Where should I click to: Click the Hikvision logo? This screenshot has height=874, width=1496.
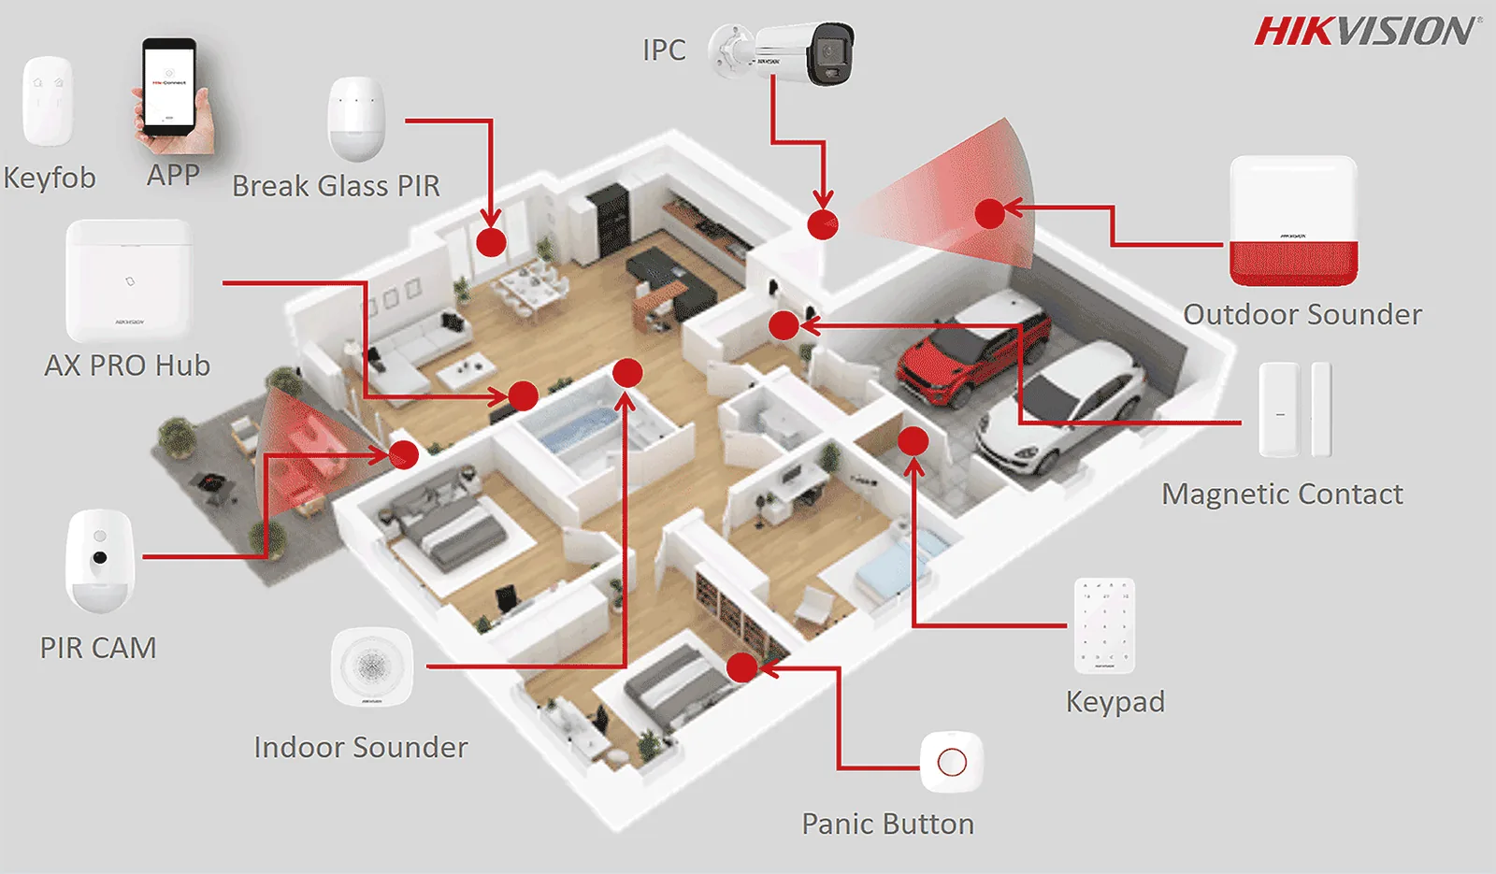click(x=1365, y=32)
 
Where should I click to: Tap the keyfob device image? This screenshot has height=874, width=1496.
click(x=48, y=101)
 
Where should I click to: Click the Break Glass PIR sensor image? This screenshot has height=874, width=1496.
click(x=356, y=119)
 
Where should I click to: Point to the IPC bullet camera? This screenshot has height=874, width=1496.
click(x=782, y=53)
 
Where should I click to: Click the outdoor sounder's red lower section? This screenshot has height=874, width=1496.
click(x=1294, y=263)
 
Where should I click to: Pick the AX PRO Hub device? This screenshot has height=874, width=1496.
click(x=129, y=280)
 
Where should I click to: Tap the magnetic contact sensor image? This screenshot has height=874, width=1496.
click(x=1295, y=409)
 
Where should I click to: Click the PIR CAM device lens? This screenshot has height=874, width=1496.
click(x=99, y=557)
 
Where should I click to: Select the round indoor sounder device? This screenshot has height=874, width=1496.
click(x=372, y=666)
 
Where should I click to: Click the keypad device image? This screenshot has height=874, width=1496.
click(x=1104, y=625)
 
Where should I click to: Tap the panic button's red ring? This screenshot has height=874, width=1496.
click(x=952, y=762)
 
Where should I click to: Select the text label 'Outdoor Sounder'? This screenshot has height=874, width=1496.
click(x=1302, y=314)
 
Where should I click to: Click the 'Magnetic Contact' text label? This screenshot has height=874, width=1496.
click(x=1282, y=494)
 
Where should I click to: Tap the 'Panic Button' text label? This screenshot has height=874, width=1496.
click(x=887, y=824)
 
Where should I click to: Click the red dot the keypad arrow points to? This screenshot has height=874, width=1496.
click(x=913, y=440)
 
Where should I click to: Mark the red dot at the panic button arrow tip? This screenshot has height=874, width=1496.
click(x=741, y=667)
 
